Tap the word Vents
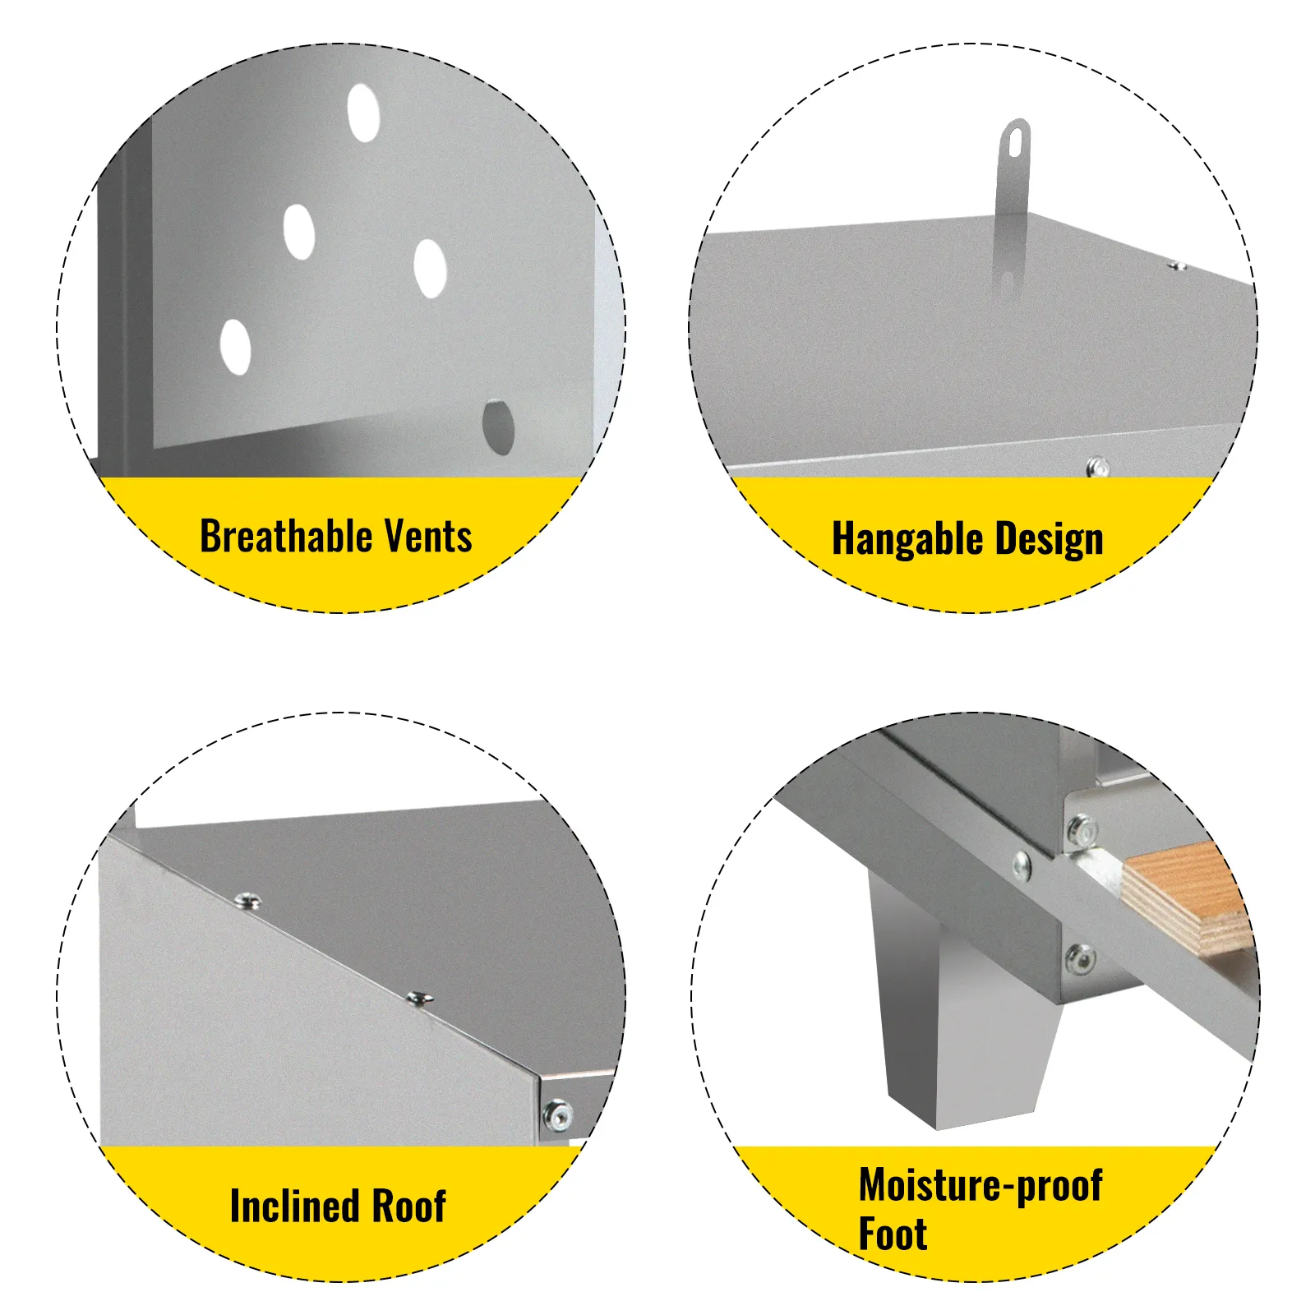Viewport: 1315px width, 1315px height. (x=428, y=537)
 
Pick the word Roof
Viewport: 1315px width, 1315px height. (x=408, y=1206)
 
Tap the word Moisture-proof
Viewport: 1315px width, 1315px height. (x=980, y=1186)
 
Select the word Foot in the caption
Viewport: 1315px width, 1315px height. (x=893, y=1234)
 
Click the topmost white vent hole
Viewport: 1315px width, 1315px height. (x=363, y=112)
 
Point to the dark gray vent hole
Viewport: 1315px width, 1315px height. (x=498, y=427)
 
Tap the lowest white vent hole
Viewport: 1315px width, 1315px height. (x=236, y=347)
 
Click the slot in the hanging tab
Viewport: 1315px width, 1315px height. (x=1016, y=141)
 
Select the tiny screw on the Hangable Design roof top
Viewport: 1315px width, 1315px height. (x=1178, y=265)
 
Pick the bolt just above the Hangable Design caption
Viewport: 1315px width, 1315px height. (x=1098, y=468)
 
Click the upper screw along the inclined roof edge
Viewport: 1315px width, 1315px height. (x=246, y=901)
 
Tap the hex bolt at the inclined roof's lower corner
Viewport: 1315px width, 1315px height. (x=558, y=1115)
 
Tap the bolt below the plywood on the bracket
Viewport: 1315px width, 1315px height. (x=1080, y=958)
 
